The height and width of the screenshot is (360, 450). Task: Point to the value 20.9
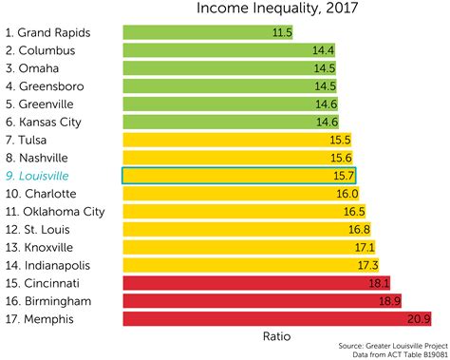click(420, 318)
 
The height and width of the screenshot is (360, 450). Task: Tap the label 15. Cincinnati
click(48, 282)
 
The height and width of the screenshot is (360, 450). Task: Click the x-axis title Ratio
click(276, 336)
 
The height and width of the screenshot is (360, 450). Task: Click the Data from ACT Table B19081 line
click(397, 355)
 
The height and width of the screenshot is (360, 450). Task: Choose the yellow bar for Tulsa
click(228, 140)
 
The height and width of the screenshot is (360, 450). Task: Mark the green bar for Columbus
click(218, 50)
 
